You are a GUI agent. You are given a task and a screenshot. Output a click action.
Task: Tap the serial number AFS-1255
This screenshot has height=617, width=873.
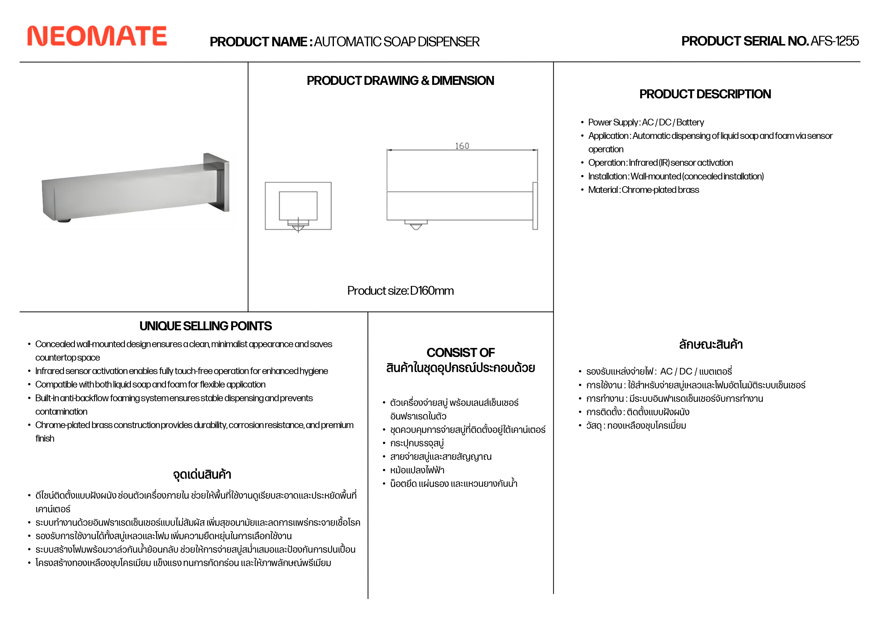click(x=835, y=41)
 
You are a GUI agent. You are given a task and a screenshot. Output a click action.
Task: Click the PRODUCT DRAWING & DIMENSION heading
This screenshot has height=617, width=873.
click(x=400, y=81)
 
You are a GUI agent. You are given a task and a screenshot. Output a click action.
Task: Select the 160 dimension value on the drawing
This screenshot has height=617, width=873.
click(x=462, y=146)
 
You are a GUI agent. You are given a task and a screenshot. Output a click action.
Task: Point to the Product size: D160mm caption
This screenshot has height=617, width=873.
click(x=400, y=291)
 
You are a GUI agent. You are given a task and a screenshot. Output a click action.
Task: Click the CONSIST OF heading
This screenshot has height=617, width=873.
click(x=461, y=353)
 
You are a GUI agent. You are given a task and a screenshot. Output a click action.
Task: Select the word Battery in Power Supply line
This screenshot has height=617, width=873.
click(x=690, y=122)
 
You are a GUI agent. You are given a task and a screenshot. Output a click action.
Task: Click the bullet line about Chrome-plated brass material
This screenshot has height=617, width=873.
click(x=643, y=190)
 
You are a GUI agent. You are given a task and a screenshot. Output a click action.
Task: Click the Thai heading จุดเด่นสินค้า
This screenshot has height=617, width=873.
click(x=202, y=475)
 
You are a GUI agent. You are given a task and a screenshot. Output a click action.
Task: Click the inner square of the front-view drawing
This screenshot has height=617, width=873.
click(x=298, y=205)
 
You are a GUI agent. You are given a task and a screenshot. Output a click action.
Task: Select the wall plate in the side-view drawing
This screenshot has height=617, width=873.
click(x=535, y=206)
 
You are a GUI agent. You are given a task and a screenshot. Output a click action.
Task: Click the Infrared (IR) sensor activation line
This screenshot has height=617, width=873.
click(x=661, y=163)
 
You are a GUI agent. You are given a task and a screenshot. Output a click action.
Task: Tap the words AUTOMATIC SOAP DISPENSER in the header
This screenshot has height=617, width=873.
click(x=397, y=42)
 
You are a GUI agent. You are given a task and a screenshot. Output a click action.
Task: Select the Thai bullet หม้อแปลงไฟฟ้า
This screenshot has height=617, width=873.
click(x=417, y=470)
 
